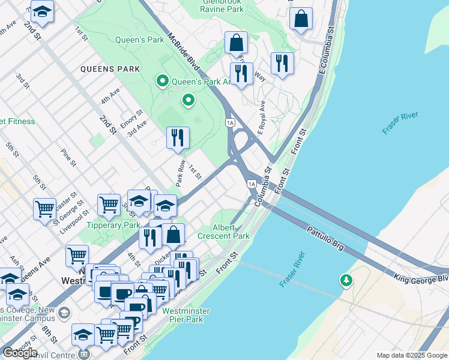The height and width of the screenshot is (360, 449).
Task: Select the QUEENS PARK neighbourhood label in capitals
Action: [x=110, y=69]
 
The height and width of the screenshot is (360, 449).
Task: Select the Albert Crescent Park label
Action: [x=231, y=232]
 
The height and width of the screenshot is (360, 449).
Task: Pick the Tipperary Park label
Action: [x=113, y=226]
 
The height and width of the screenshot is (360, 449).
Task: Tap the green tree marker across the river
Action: [x=346, y=280]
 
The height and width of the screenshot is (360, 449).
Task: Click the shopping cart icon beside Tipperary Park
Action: [x=109, y=204]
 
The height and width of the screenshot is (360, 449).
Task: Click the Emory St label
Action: [x=131, y=115]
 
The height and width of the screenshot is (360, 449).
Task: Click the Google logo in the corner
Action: [x=20, y=353]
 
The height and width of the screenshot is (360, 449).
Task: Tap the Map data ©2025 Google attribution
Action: [x=411, y=355]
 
